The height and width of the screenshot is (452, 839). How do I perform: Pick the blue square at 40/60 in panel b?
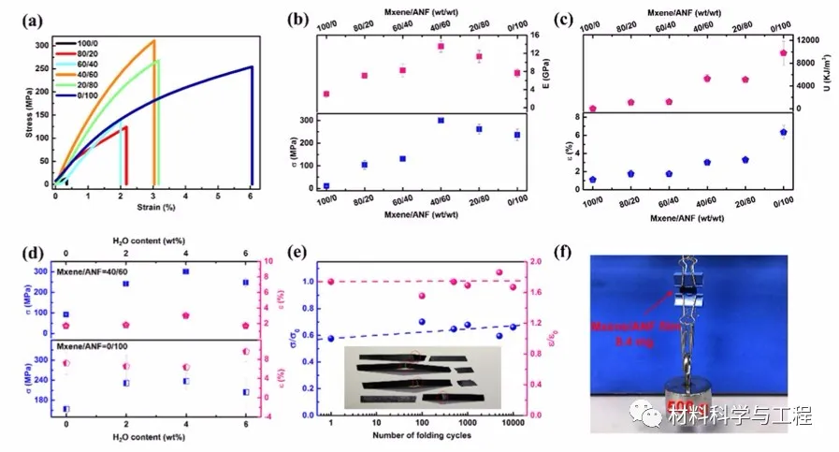pos(441,121)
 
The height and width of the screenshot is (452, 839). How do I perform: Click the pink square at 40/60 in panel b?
pos(441,47)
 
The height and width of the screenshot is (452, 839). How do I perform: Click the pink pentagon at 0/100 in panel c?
pos(783,53)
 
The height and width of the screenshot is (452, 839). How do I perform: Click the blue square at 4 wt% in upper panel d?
pos(185,271)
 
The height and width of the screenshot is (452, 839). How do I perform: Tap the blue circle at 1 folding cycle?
pos(331,338)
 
